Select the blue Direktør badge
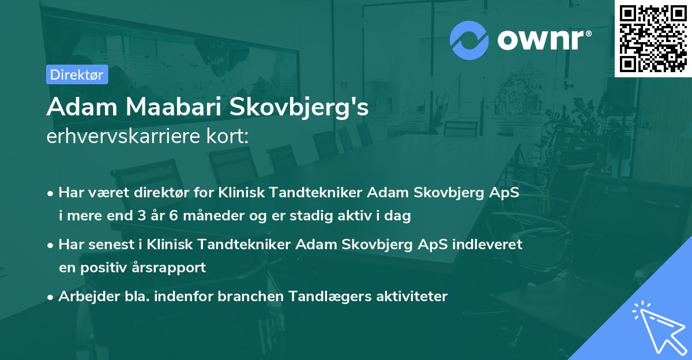(77, 74)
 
